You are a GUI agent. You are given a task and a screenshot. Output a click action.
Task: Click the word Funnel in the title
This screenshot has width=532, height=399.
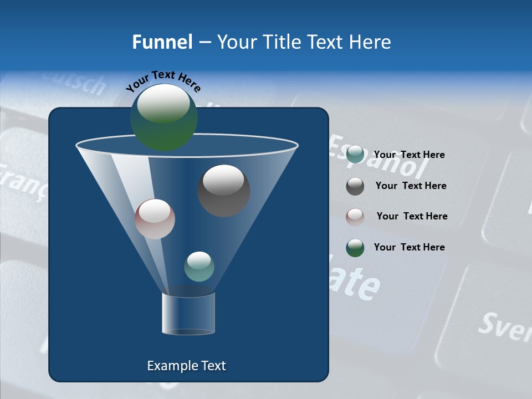[x=162, y=42]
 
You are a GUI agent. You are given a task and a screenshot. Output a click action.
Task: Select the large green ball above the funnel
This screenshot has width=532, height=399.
[x=163, y=117]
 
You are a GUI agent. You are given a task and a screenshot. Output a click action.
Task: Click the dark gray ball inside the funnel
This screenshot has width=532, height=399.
[x=224, y=191]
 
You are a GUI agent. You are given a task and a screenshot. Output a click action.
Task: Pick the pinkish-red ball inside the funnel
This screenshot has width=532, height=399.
[x=155, y=219]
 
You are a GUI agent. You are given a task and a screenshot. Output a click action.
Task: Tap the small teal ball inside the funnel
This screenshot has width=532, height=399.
[x=199, y=267]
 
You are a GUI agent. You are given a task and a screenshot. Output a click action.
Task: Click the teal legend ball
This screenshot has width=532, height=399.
[x=355, y=155]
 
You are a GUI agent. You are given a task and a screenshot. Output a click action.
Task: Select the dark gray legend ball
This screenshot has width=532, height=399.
[x=355, y=186]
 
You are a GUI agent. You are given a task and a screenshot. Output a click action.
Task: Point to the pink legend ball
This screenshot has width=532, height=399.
[x=355, y=217]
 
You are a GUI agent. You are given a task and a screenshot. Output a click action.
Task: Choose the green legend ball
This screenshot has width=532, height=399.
[x=355, y=248]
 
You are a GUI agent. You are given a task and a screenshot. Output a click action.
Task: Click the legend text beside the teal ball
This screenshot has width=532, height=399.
[x=409, y=155]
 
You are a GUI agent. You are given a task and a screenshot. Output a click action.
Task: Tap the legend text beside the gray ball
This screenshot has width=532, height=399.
[x=411, y=186]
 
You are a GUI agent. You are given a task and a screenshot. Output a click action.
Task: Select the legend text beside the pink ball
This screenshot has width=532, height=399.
[x=412, y=216]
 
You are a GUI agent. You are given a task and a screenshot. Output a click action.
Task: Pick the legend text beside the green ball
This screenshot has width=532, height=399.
[x=409, y=247]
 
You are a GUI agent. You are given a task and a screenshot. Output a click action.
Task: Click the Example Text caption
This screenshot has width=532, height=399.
[x=186, y=366]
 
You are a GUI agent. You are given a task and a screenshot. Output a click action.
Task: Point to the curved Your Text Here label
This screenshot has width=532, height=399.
[x=163, y=81]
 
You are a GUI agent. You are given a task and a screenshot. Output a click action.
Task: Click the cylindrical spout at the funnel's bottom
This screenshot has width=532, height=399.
[x=188, y=314]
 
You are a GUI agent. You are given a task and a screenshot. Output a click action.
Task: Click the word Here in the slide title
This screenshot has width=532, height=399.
[x=370, y=42]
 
